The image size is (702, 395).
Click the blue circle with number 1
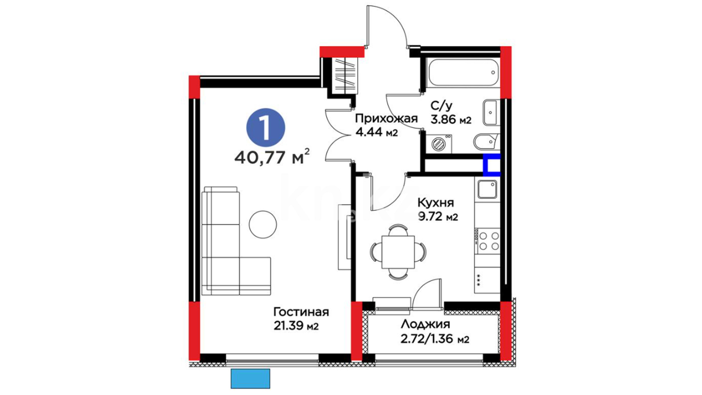pos(266,128)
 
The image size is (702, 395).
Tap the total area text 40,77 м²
pos(272,157)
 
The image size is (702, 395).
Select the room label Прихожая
pos(386,118)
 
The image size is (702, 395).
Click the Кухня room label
pos(435,203)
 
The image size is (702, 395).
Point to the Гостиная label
pos(301,312)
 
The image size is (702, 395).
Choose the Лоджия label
pos(426,324)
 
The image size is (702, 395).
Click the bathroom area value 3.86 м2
pos(451,119)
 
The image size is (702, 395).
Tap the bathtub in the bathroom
pos(463,72)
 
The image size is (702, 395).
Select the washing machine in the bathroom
pos(438,143)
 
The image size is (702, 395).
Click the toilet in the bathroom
pos(486,142)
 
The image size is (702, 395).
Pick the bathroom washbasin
pos(491,112)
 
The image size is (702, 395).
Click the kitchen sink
pos(487,189)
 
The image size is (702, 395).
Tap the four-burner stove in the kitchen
pos(487,241)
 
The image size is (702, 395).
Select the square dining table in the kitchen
pos(398,252)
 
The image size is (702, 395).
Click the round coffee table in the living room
pos(263,225)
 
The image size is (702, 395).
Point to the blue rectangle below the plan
pos(250,379)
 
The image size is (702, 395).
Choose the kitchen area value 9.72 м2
pos(438,217)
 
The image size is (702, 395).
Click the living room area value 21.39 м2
pos(296,326)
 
